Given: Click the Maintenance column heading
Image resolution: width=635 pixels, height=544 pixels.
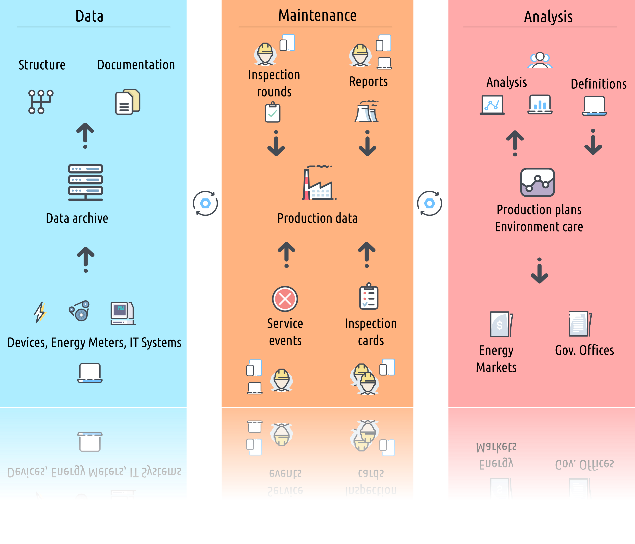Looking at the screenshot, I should pyautogui.click(x=317, y=16).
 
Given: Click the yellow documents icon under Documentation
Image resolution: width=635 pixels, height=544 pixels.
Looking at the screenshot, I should pyautogui.click(x=128, y=102).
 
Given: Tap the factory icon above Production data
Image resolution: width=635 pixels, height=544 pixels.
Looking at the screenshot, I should pyautogui.click(x=319, y=183).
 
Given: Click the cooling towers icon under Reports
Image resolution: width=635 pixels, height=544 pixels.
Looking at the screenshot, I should pyautogui.click(x=367, y=112).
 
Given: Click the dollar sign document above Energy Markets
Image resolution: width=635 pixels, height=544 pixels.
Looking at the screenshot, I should pyautogui.click(x=501, y=324).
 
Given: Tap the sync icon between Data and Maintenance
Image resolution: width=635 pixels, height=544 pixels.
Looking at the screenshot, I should pyautogui.click(x=205, y=203).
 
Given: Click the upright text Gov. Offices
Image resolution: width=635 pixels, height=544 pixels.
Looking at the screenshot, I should pyautogui.click(x=584, y=350).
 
